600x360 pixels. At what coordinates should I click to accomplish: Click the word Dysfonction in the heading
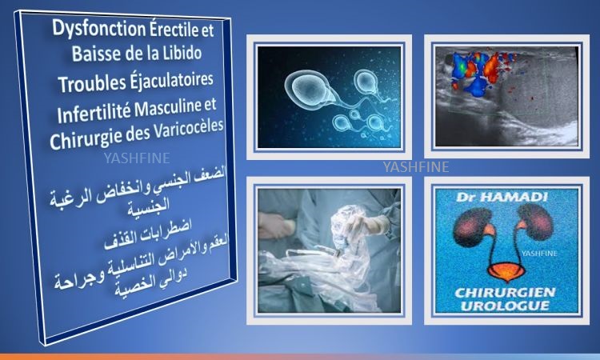pyautogui.click(x=98, y=29)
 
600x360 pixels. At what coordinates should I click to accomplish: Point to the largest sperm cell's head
pyautogui.click(x=308, y=88)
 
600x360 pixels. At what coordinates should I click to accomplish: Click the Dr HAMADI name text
pyautogui.click(x=502, y=197)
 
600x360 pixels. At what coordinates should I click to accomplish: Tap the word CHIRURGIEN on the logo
pyautogui.click(x=505, y=293)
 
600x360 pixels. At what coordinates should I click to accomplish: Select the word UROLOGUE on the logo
pyautogui.click(x=505, y=306)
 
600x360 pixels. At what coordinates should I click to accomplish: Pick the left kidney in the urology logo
pyautogui.click(x=472, y=226)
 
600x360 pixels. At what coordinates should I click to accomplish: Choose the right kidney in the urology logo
pyautogui.click(x=534, y=222)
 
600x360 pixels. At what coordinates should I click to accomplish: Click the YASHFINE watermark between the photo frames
pyautogui.click(x=416, y=167)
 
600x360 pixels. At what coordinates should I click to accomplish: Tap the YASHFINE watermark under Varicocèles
pyautogui.click(x=137, y=158)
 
